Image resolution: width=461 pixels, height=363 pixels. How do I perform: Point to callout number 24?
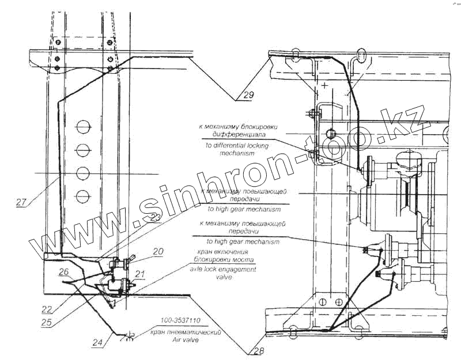(98, 342)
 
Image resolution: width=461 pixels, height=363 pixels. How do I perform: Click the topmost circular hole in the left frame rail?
(83, 126)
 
